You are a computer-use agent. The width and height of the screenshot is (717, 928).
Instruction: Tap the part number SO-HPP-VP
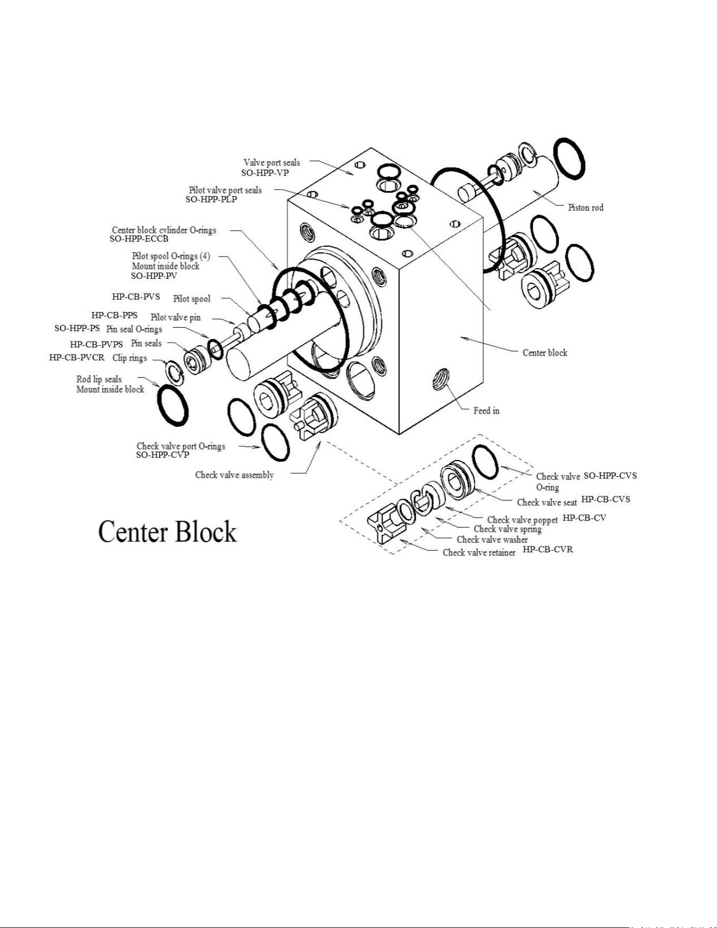pyautogui.click(x=265, y=172)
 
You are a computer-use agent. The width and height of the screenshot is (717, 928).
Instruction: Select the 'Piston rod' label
pyautogui.click(x=586, y=208)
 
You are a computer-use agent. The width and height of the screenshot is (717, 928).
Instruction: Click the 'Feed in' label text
pyautogui.click(x=486, y=411)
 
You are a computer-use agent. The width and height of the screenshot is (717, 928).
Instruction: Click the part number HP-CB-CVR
pyautogui.click(x=548, y=550)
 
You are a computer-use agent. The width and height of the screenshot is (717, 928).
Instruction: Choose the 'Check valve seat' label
pyautogui.click(x=547, y=502)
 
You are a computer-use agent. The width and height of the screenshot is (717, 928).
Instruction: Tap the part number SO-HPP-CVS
pyautogui.click(x=610, y=475)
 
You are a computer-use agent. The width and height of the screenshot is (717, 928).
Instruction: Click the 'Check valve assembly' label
pyautogui.click(x=234, y=475)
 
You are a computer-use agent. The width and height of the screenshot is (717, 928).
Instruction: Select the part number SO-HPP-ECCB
pyautogui.click(x=139, y=239)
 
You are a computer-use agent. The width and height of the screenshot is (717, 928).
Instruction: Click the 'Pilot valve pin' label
pyautogui.click(x=175, y=317)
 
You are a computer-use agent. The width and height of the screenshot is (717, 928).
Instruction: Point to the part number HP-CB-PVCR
pyautogui.click(x=77, y=357)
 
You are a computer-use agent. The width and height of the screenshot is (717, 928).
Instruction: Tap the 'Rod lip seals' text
pyautogui.click(x=99, y=379)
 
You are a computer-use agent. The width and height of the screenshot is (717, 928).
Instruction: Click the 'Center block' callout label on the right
pyautogui.click(x=545, y=353)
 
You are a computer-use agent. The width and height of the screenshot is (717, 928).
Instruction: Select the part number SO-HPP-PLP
pyautogui.click(x=211, y=200)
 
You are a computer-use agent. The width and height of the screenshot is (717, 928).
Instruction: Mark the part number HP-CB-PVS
pyautogui.click(x=136, y=297)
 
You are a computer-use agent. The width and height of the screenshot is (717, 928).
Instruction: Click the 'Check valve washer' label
pyautogui.click(x=492, y=539)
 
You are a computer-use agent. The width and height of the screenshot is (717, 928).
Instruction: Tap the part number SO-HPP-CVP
pyautogui.click(x=162, y=455)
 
